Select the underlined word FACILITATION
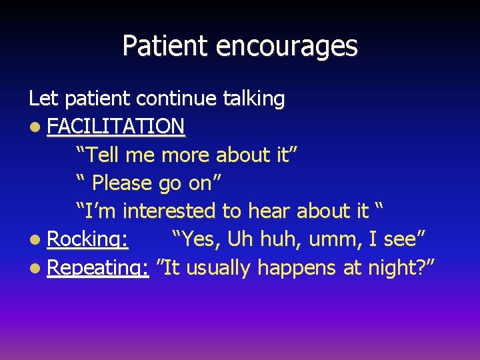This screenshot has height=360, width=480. pos(116,126)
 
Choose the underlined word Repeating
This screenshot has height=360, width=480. pos(97,268)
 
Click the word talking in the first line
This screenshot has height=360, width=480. pos(254,99)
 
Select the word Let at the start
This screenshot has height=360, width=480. pos(43,99)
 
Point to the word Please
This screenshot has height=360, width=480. pos(123,183)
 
